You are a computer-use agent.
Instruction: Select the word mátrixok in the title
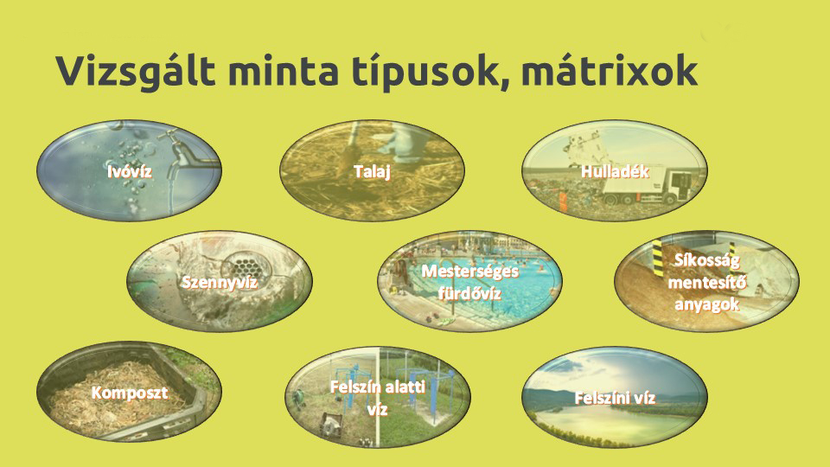click(x=610, y=70)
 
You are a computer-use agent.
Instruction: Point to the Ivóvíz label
click(x=130, y=171)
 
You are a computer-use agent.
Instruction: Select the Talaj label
click(x=372, y=171)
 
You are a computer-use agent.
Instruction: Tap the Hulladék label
click(x=615, y=171)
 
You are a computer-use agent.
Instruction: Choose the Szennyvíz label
click(x=219, y=282)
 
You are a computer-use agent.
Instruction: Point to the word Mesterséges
click(x=469, y=272)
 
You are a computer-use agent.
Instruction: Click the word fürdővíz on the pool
click(x=469, y=293)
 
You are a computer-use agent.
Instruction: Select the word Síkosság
click(x=706, y=260)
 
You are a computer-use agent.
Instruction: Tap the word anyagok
click(x=706, y=304)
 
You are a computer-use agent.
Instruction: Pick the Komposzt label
click(x=130, y=393)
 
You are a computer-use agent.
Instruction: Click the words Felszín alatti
click(x=378, y=387)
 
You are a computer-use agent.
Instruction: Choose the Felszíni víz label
click(x=615, y=398)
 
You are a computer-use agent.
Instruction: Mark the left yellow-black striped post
click(x=658, y=258)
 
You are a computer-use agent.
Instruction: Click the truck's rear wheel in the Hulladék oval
click(x=611, y=199)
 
